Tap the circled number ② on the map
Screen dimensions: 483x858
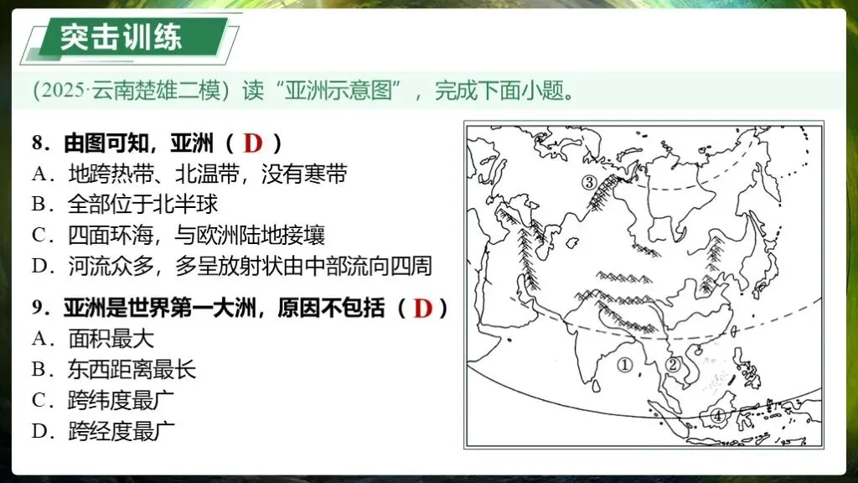click(x=672, y=364)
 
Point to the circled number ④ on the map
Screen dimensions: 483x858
click(x=717, y=415)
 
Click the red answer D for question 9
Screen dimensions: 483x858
click(x=422, y=309)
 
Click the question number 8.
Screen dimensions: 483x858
click(x=38, y=143)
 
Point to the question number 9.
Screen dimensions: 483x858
click(x=38, y=309)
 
